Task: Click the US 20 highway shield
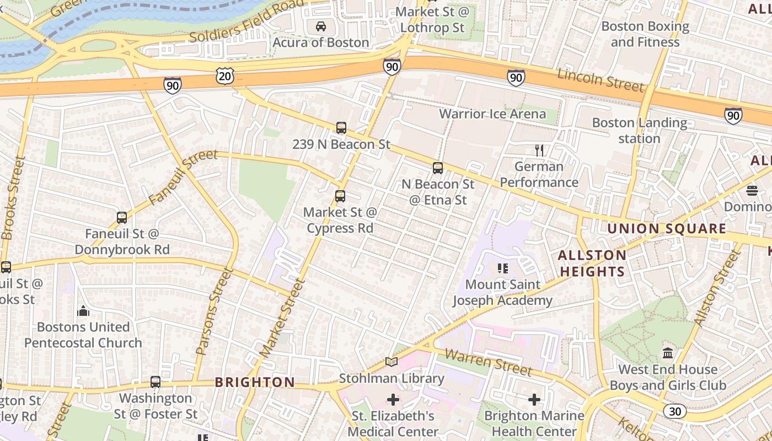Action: tap(225, 76)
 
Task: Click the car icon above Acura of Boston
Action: tap(320, 26)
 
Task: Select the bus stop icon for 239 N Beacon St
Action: tap(341, 128)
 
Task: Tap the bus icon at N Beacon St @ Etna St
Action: tap(438, 168)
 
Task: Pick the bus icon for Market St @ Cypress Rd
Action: tap(340, 196)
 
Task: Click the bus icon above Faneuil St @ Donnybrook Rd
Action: tap(122, 218)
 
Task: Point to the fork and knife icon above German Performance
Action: tap(539, 150)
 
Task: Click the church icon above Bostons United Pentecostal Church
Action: tap(83, 311)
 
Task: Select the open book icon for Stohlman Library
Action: tap(392, 362)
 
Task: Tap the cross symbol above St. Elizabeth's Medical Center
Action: tap(393, 399)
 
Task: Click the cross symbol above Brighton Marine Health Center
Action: tap(534, 399)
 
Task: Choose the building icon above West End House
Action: tap(668, 353)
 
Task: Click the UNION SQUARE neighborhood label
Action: tap(667, 229)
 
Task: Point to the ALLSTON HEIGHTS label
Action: tap(592, 263)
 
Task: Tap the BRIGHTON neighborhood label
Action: tap(255, 382)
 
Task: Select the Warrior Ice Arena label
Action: tap(492, 114)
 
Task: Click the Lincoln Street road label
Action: tap(601, 80)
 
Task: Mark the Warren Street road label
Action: tap(488, 362)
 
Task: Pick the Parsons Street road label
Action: tap(211, 311)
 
